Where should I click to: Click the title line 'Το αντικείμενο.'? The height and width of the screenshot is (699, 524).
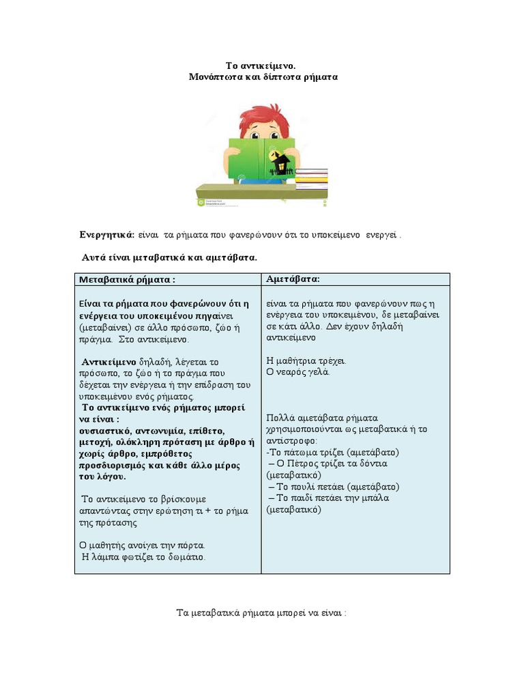262,66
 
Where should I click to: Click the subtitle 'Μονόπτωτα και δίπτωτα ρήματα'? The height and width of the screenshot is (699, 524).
263,77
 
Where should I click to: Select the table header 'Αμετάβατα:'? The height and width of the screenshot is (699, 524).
293,279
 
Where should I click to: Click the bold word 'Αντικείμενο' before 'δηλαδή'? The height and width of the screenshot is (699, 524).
109,361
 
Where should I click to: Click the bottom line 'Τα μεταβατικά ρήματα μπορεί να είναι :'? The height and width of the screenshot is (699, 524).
262,612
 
